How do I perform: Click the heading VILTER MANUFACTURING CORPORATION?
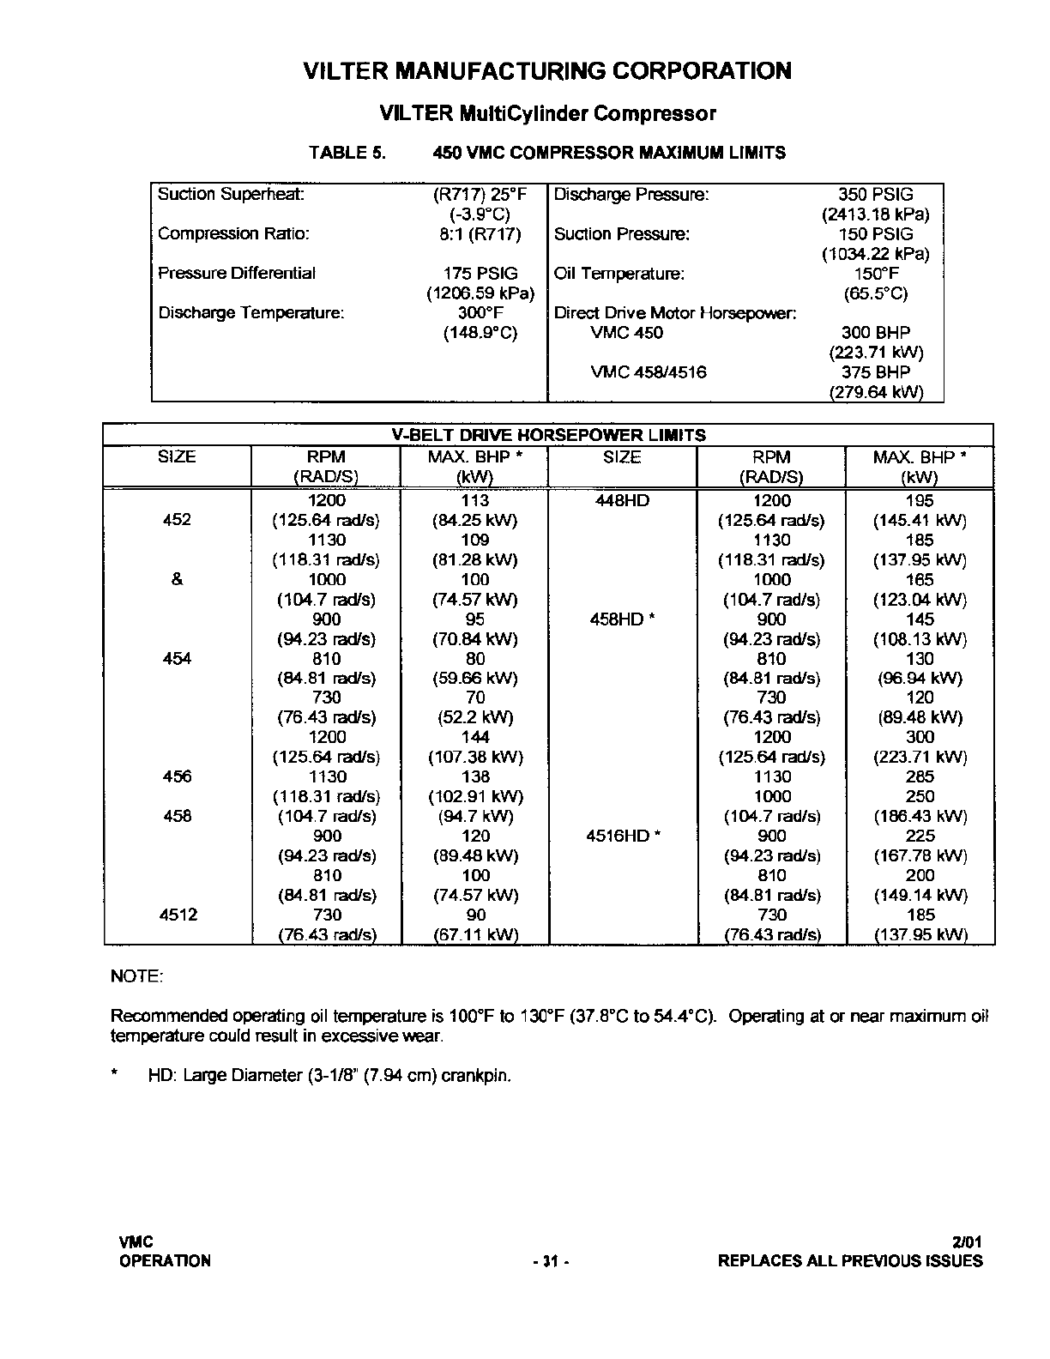click(x=547, y=71)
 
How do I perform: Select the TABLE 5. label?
click(x=347, y=154)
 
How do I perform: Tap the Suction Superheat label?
click(x=231, y=195)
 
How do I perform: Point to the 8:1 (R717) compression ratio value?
click(x=480, y=234)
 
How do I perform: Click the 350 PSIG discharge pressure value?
click(x=875, y=195)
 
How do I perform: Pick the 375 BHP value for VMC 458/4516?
click(x=875, y=372)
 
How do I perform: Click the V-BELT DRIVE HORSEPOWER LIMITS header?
click(x=548, y=435)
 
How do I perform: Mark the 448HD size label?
click(x=622, y=501)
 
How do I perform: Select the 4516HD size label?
click(x=622, y=837)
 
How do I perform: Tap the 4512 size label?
click(x=178, y=915)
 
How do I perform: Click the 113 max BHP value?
click(x=474, y=501)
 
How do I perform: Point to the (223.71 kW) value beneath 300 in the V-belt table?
click(x=920, y=758)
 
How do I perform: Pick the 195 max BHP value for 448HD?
click(x=920, y=501)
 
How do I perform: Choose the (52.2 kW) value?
click(x=474, y=718)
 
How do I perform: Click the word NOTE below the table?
click(x=137, y=977)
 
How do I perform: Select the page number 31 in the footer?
click(x=550, y=1261)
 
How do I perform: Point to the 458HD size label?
click(x=622, y=619)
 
